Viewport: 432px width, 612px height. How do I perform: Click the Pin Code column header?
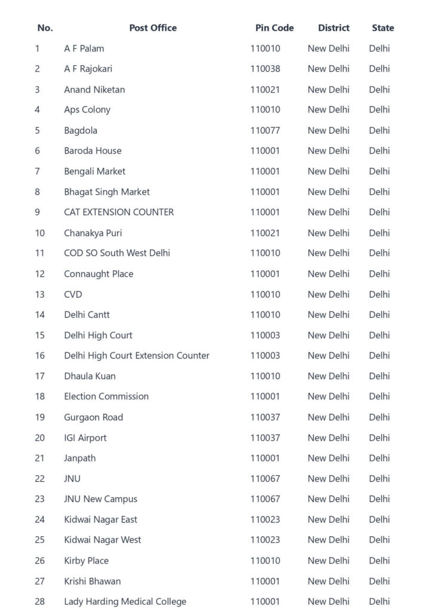[x=274, y=28]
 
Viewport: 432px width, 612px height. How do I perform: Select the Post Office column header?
[x=153, y=28]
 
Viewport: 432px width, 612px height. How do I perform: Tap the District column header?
[x=334, y=28]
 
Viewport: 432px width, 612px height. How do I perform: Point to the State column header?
[x=382, y=28]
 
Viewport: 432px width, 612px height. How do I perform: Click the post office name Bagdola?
[x=81, y=130]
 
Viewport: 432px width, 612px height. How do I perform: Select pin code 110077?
[x=265, y=130]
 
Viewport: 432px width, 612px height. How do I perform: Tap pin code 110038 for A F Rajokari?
[x=265, y=69]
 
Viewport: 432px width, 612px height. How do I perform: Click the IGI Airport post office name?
[x=85, y=437]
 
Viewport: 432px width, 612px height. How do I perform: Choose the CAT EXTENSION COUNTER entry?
[x=119, y=212]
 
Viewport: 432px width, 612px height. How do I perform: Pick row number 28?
[x=39, y=601]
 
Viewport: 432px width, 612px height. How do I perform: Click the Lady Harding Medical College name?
[x=125, y=601]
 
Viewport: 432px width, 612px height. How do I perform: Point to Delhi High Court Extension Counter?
[x=137, y=356]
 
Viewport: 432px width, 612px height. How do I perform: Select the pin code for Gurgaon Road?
[x=265, y=417]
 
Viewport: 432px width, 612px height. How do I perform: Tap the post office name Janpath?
[x=80, y=458]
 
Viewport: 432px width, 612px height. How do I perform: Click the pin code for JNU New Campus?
[x=265, y=499]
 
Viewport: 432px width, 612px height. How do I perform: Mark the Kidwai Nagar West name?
[x=103, y=540]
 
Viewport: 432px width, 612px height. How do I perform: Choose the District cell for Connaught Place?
[x=328, y=274]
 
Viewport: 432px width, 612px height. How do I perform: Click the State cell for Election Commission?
[x=379, y=396]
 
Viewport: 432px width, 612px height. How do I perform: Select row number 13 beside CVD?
[x=39, y=294]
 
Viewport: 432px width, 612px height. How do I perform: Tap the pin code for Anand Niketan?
[x=265, y=90]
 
